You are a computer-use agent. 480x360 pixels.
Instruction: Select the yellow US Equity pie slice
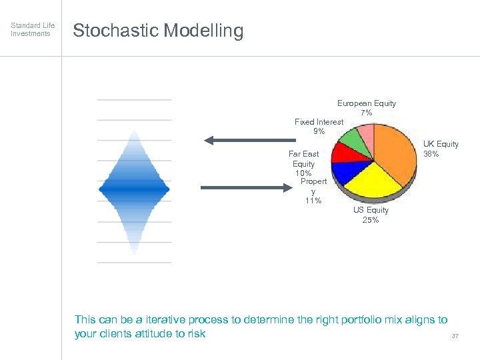[x=369, y=179]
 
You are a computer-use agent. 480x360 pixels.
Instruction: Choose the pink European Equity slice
[x=366, y=134]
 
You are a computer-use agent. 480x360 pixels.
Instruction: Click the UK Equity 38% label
[x=441, y=149]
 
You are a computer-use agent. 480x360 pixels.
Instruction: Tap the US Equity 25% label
[x=370, y=215]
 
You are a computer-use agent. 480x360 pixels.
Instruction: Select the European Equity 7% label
[x=366, y=108]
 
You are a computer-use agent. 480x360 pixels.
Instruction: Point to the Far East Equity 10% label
[x=303, y=163]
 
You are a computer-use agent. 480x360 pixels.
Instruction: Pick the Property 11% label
[x=313, y=191]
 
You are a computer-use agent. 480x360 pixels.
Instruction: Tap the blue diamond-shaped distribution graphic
[x=134, y=190]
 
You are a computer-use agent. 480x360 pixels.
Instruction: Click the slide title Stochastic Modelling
[x=158, y=31]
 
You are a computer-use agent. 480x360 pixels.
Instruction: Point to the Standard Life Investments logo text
[x=31, y=29]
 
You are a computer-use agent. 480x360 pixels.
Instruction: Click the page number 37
[x=455, y=336]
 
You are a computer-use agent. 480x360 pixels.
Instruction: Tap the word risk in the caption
[x=196, y=334]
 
